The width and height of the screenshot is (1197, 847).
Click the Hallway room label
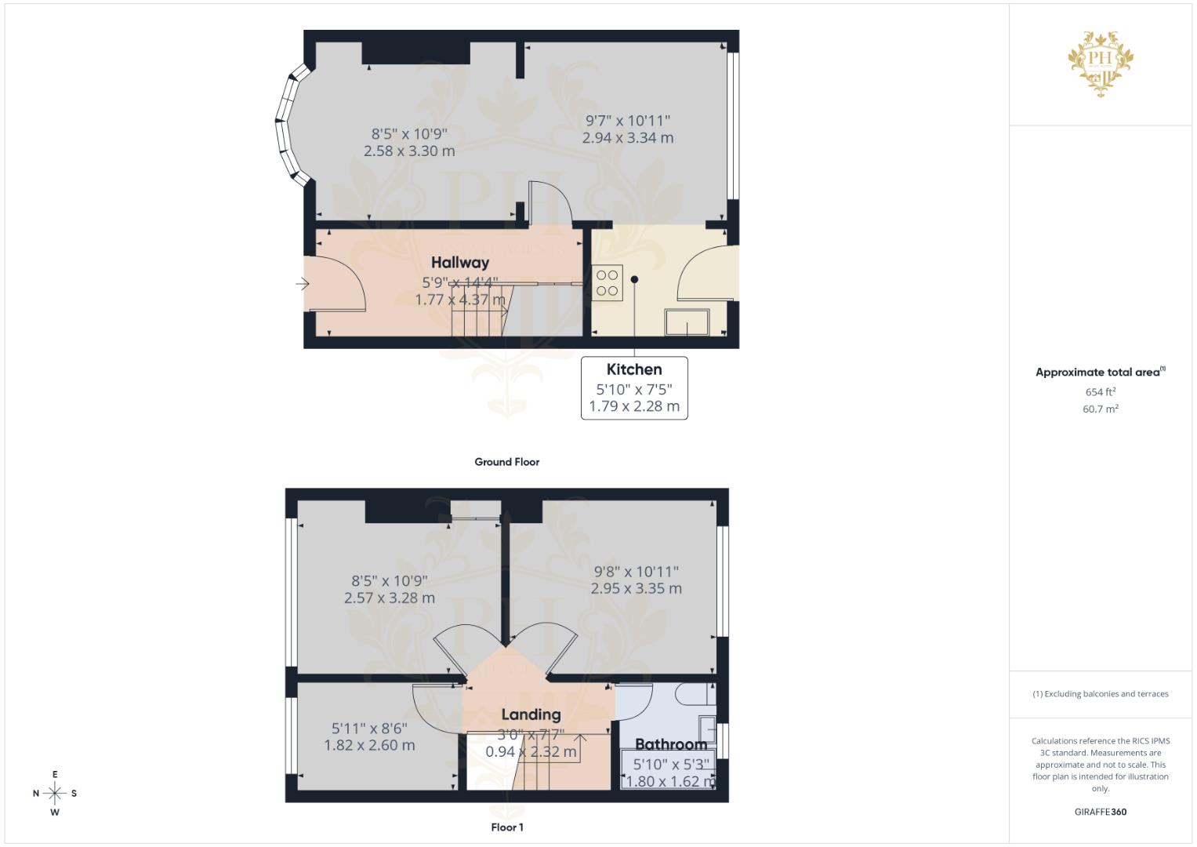coord(459,263)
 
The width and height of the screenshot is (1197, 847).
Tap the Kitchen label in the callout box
coord(634,369)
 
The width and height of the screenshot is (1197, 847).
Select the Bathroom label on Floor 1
coord(671,744)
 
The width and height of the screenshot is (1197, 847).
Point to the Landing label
coord(531,714)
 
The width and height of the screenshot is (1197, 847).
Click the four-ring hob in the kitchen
coord(608,283)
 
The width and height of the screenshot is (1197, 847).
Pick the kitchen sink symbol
coord(687,322)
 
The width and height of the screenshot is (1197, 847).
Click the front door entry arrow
coord(303,284)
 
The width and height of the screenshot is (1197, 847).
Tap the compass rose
coord(55,794)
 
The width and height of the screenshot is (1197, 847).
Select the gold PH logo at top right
coord(1101,63)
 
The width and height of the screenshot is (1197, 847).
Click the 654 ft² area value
coord(1101,392)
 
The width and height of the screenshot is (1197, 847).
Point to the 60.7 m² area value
coord(1101,409)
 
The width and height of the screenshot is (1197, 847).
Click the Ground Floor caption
coord(506,462)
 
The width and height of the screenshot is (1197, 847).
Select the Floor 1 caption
coord(507,827)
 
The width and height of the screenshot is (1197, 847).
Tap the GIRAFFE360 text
coord(1101,812)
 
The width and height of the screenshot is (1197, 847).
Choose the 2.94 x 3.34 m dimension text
coord(628,138)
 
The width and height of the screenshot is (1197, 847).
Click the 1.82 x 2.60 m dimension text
coord(369,745)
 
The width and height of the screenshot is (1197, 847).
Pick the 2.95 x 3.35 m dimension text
coord(636,588)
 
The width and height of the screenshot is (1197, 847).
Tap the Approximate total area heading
coord(1099,373)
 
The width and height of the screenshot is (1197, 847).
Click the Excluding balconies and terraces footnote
coord(1101,694)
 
